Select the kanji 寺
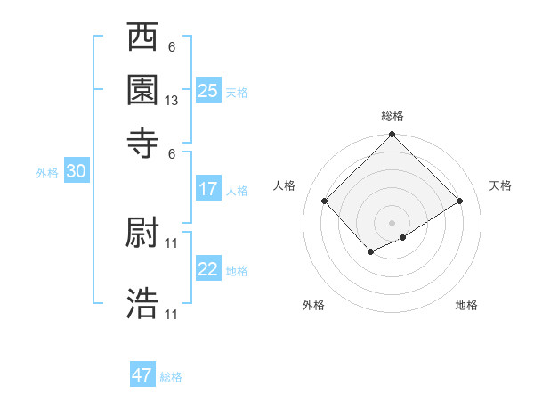coord(142,141)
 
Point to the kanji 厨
coord(142,233)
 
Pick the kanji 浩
coord(142,303)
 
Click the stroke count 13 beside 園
coord(172,101)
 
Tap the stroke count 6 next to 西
coord(172,47)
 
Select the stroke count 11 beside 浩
coord(172,314)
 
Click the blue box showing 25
coord(208,91)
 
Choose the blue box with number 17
coord(208,189)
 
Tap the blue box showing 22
coord(208,270)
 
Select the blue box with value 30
coord(76,173)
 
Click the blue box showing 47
coord(142,375)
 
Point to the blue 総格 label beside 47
coord(171,377)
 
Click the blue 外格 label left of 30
coord(47,174)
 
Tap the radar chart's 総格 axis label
coord(392,117)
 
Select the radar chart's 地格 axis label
coord(466,306)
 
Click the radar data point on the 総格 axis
coord(392,136)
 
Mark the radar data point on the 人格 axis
coord(325,201)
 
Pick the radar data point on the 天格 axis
coord(460,201)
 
